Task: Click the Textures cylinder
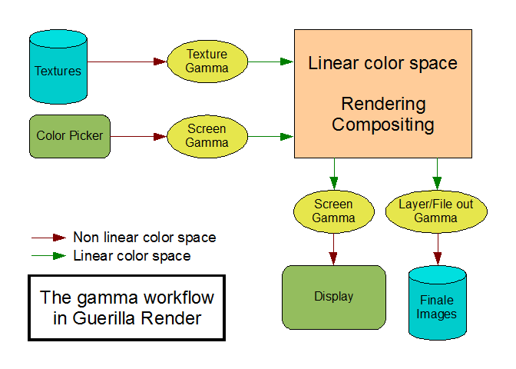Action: pos(57,71)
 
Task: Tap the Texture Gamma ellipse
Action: pos(207,61)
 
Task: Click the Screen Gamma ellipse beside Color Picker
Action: pos(207,137)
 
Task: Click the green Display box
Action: pos(333,296)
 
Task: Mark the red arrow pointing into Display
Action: pos(334,248)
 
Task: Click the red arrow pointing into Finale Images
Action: pos(437,248)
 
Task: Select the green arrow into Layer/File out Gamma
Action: pos(437,174)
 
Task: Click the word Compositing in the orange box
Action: pos(383,124)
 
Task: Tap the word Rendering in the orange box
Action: pos(383,104)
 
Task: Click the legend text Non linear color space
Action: pos(144,238)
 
